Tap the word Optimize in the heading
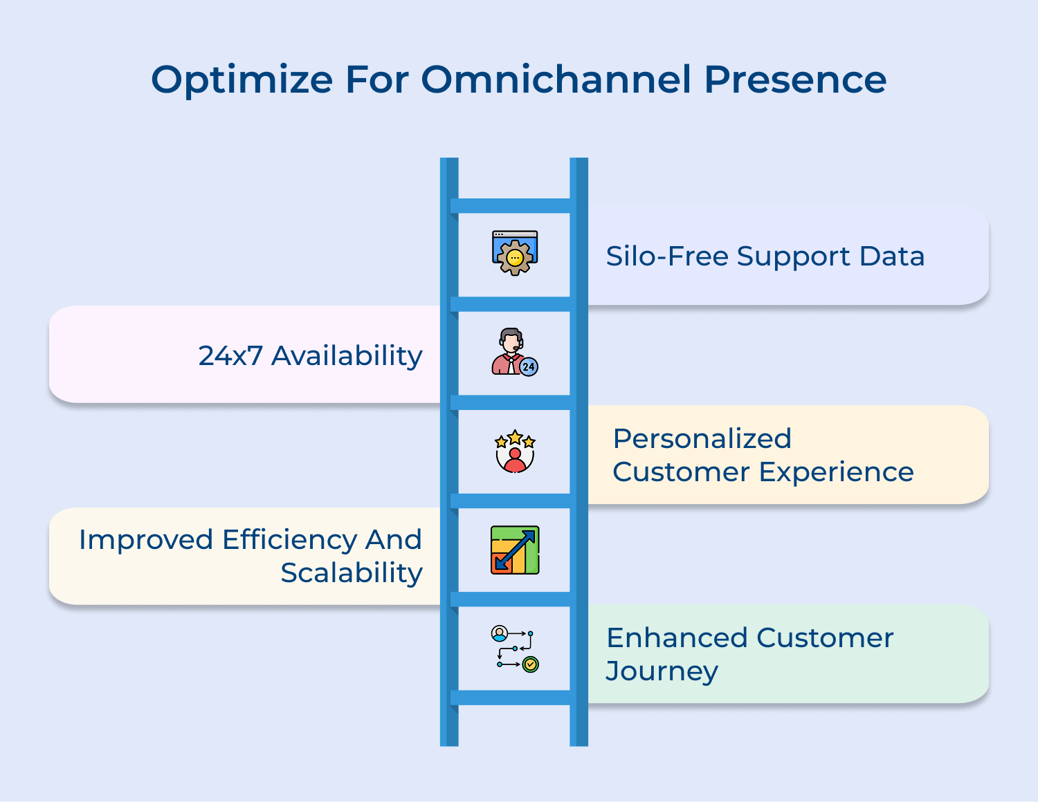pyautogui.click(x=242, y=80)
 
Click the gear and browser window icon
pyautogui.click(x=515, y=253)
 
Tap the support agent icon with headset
pyautogui.click(x=513, y=351)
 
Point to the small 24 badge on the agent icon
pyautogui.click(x=529, y=366)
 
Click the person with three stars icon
pyautogui.click(x=515, y=451)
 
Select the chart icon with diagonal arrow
pyautogui.click(x=515, y=550)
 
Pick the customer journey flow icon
pyautogui.click(x=515, y=649)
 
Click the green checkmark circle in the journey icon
pyautogui.click(x=531, y=664)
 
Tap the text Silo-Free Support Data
pyautogui.click(x=765, y=257)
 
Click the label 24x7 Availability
pyautogui.click(x=310, y=356)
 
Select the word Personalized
pyautogui.click(x=702, y=439)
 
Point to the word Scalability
pyautogui.click(x=352, y=573)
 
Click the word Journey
pyautogui.click(x=662, y=671)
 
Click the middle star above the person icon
pyautogui.click(x=515, y=437)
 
